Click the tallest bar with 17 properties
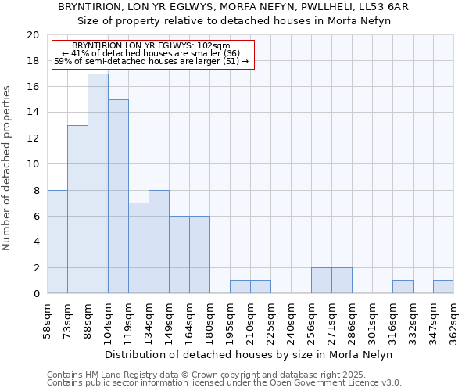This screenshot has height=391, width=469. [98, 184]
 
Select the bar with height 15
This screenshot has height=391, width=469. [118, 196]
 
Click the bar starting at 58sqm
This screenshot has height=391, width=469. [57, 242]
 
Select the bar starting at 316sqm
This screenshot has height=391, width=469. [403, 287]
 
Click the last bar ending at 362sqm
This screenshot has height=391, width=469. [443, 287]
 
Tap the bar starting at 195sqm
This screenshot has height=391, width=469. [240, 287]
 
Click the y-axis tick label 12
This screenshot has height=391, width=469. [32, 138]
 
